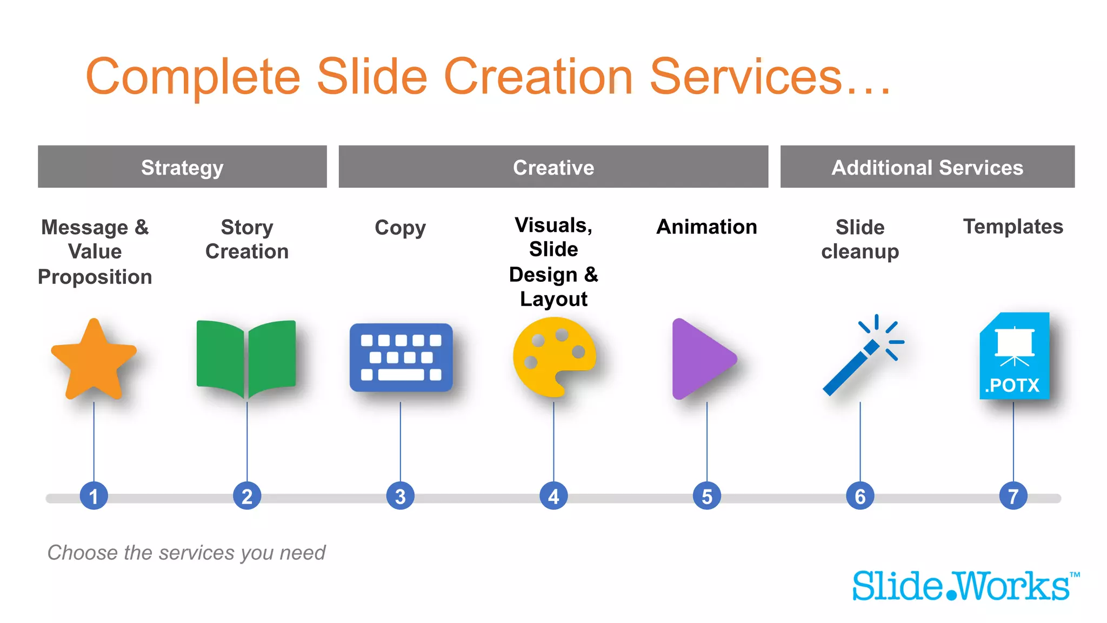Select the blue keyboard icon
tap(401, 357)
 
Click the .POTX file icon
tap(1014, 356)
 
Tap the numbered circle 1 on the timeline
tap(94, 496)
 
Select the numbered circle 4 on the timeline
tap(553, 496)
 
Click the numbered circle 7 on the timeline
tap(1013, 496)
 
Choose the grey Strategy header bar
tap(182, 167)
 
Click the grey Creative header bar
tap(553, 167)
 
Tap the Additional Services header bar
tap(927, 167)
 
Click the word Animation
tap(706, 227)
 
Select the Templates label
tap(1013, 227)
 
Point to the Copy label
tap(400, 228)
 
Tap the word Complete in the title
tap(192, 77)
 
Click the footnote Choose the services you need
tap(186, 553)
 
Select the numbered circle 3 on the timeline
tap(401, 496)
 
